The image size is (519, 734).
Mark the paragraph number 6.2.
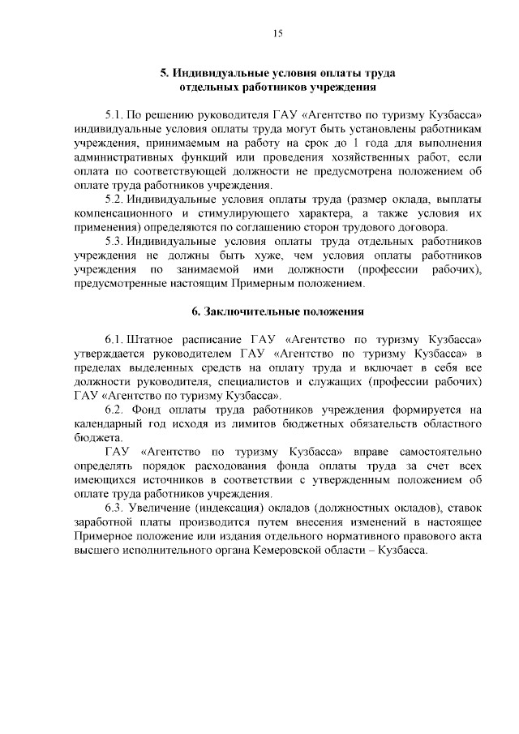114,410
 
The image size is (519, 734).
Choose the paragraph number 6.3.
114,508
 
